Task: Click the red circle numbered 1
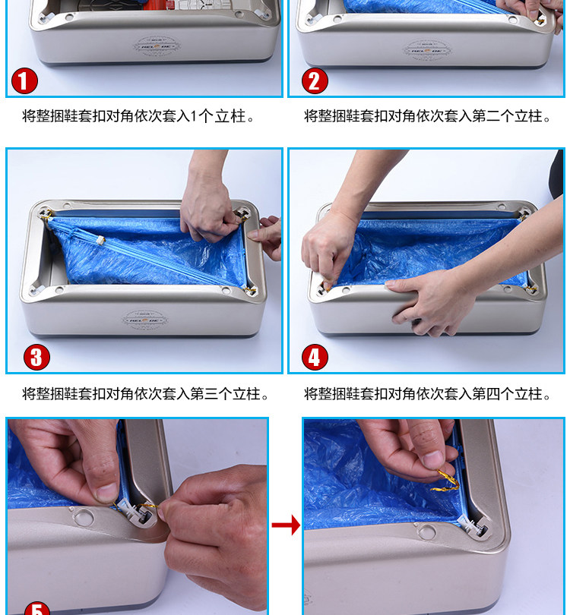click(24, 80)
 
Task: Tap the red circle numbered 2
click(315, 80)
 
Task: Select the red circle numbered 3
click(36, 357)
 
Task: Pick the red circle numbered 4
click(315, 357)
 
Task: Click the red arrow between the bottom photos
click(286, 525)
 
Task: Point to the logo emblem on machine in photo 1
click(157, 46)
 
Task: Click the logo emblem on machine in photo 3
click(145, 320)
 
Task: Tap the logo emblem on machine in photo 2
click(427, 50)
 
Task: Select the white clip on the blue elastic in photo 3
click(101, 241)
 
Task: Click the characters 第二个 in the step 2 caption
click(492, 116)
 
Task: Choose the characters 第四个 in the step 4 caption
click(492, 394)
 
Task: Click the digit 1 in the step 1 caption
click(193, 116)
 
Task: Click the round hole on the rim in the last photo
click(426, 532)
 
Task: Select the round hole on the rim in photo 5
click(84, 516)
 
